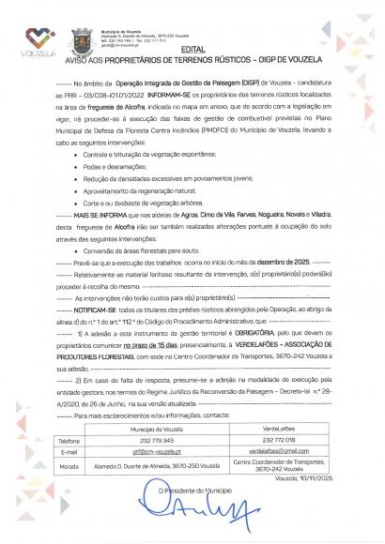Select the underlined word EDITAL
tap(192, 48)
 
